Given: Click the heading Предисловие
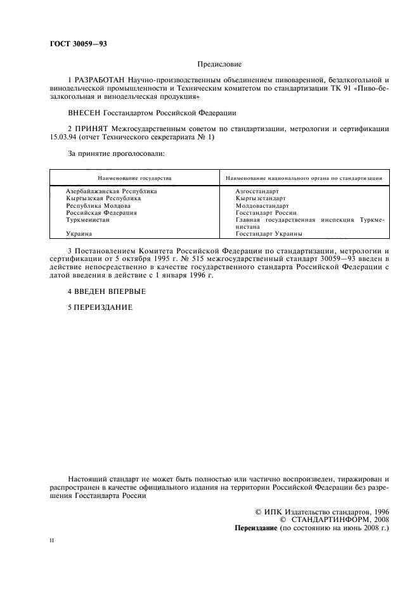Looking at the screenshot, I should [x=219, y=64].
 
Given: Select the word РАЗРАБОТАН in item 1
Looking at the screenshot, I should [x=100, y=80].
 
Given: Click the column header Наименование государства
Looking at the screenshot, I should [x=134, y=179].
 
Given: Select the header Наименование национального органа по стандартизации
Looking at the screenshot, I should [x=304, y=179].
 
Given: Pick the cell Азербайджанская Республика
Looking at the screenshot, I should [x=112, y=191].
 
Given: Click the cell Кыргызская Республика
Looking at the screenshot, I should [x=103, y=198].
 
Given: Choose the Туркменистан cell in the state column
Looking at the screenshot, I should [x=88, y=220].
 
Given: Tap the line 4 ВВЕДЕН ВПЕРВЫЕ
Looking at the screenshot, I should [x=106, y=291].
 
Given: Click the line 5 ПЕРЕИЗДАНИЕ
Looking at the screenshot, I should [x=100, y=307].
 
